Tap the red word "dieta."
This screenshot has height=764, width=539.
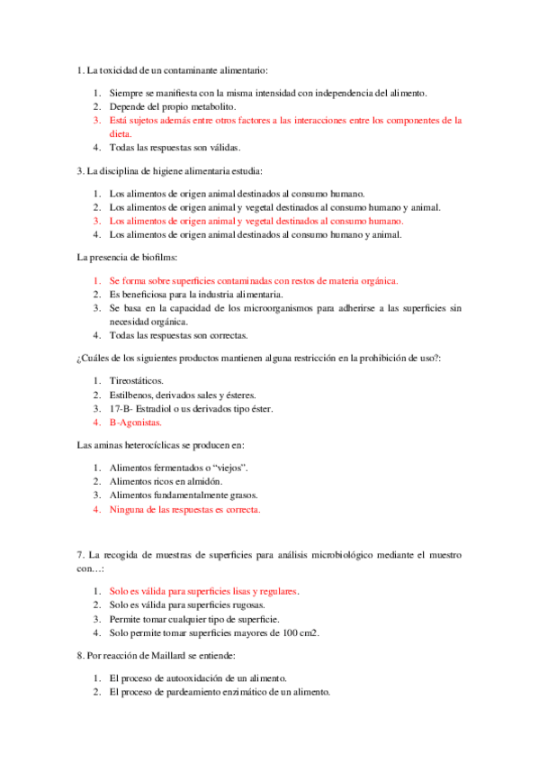122,132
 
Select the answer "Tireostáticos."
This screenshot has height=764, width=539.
137,381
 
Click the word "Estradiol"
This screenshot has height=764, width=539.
166,408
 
